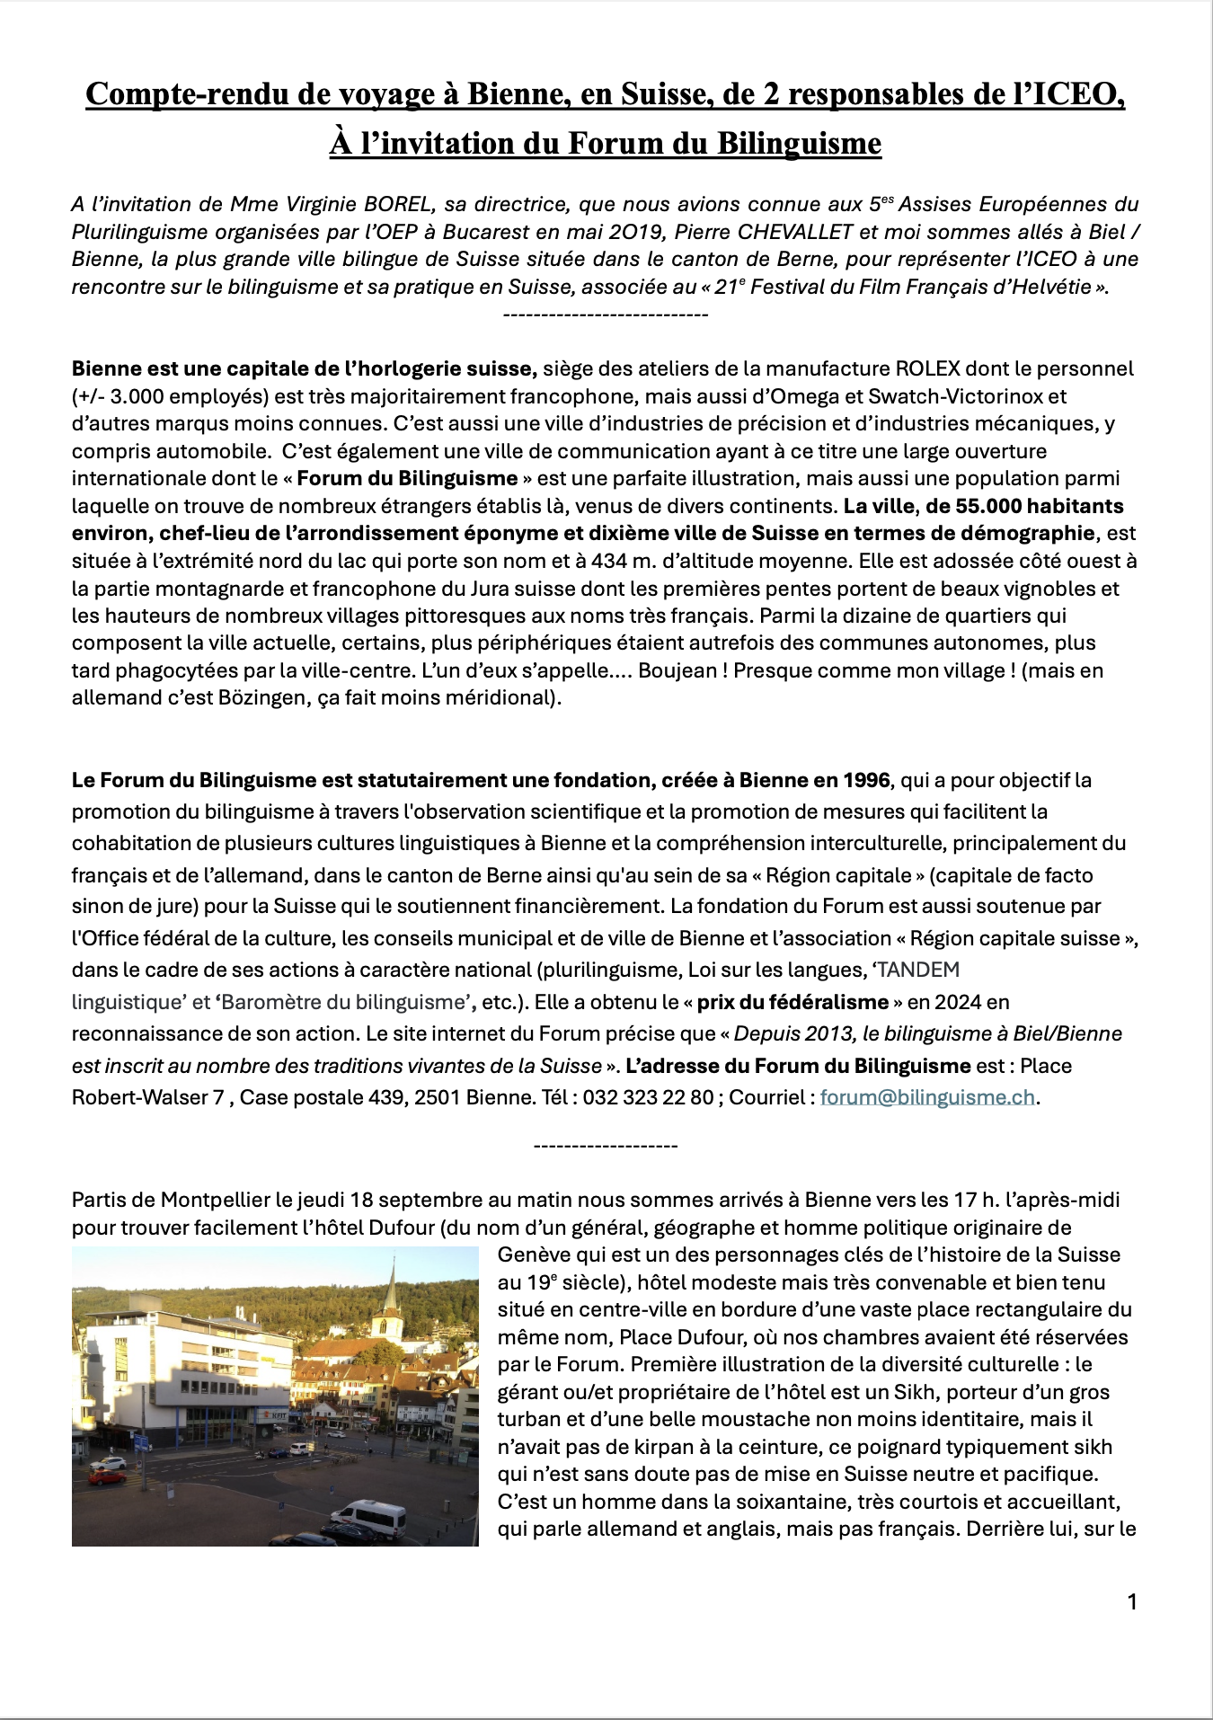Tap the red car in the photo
pos(107,1476)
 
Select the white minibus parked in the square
pos(367,1517)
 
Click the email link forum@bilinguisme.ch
pos(927,1097)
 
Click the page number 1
pos(1132,1601)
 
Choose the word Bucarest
pos(488,232)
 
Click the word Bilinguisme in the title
pos(799,144)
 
